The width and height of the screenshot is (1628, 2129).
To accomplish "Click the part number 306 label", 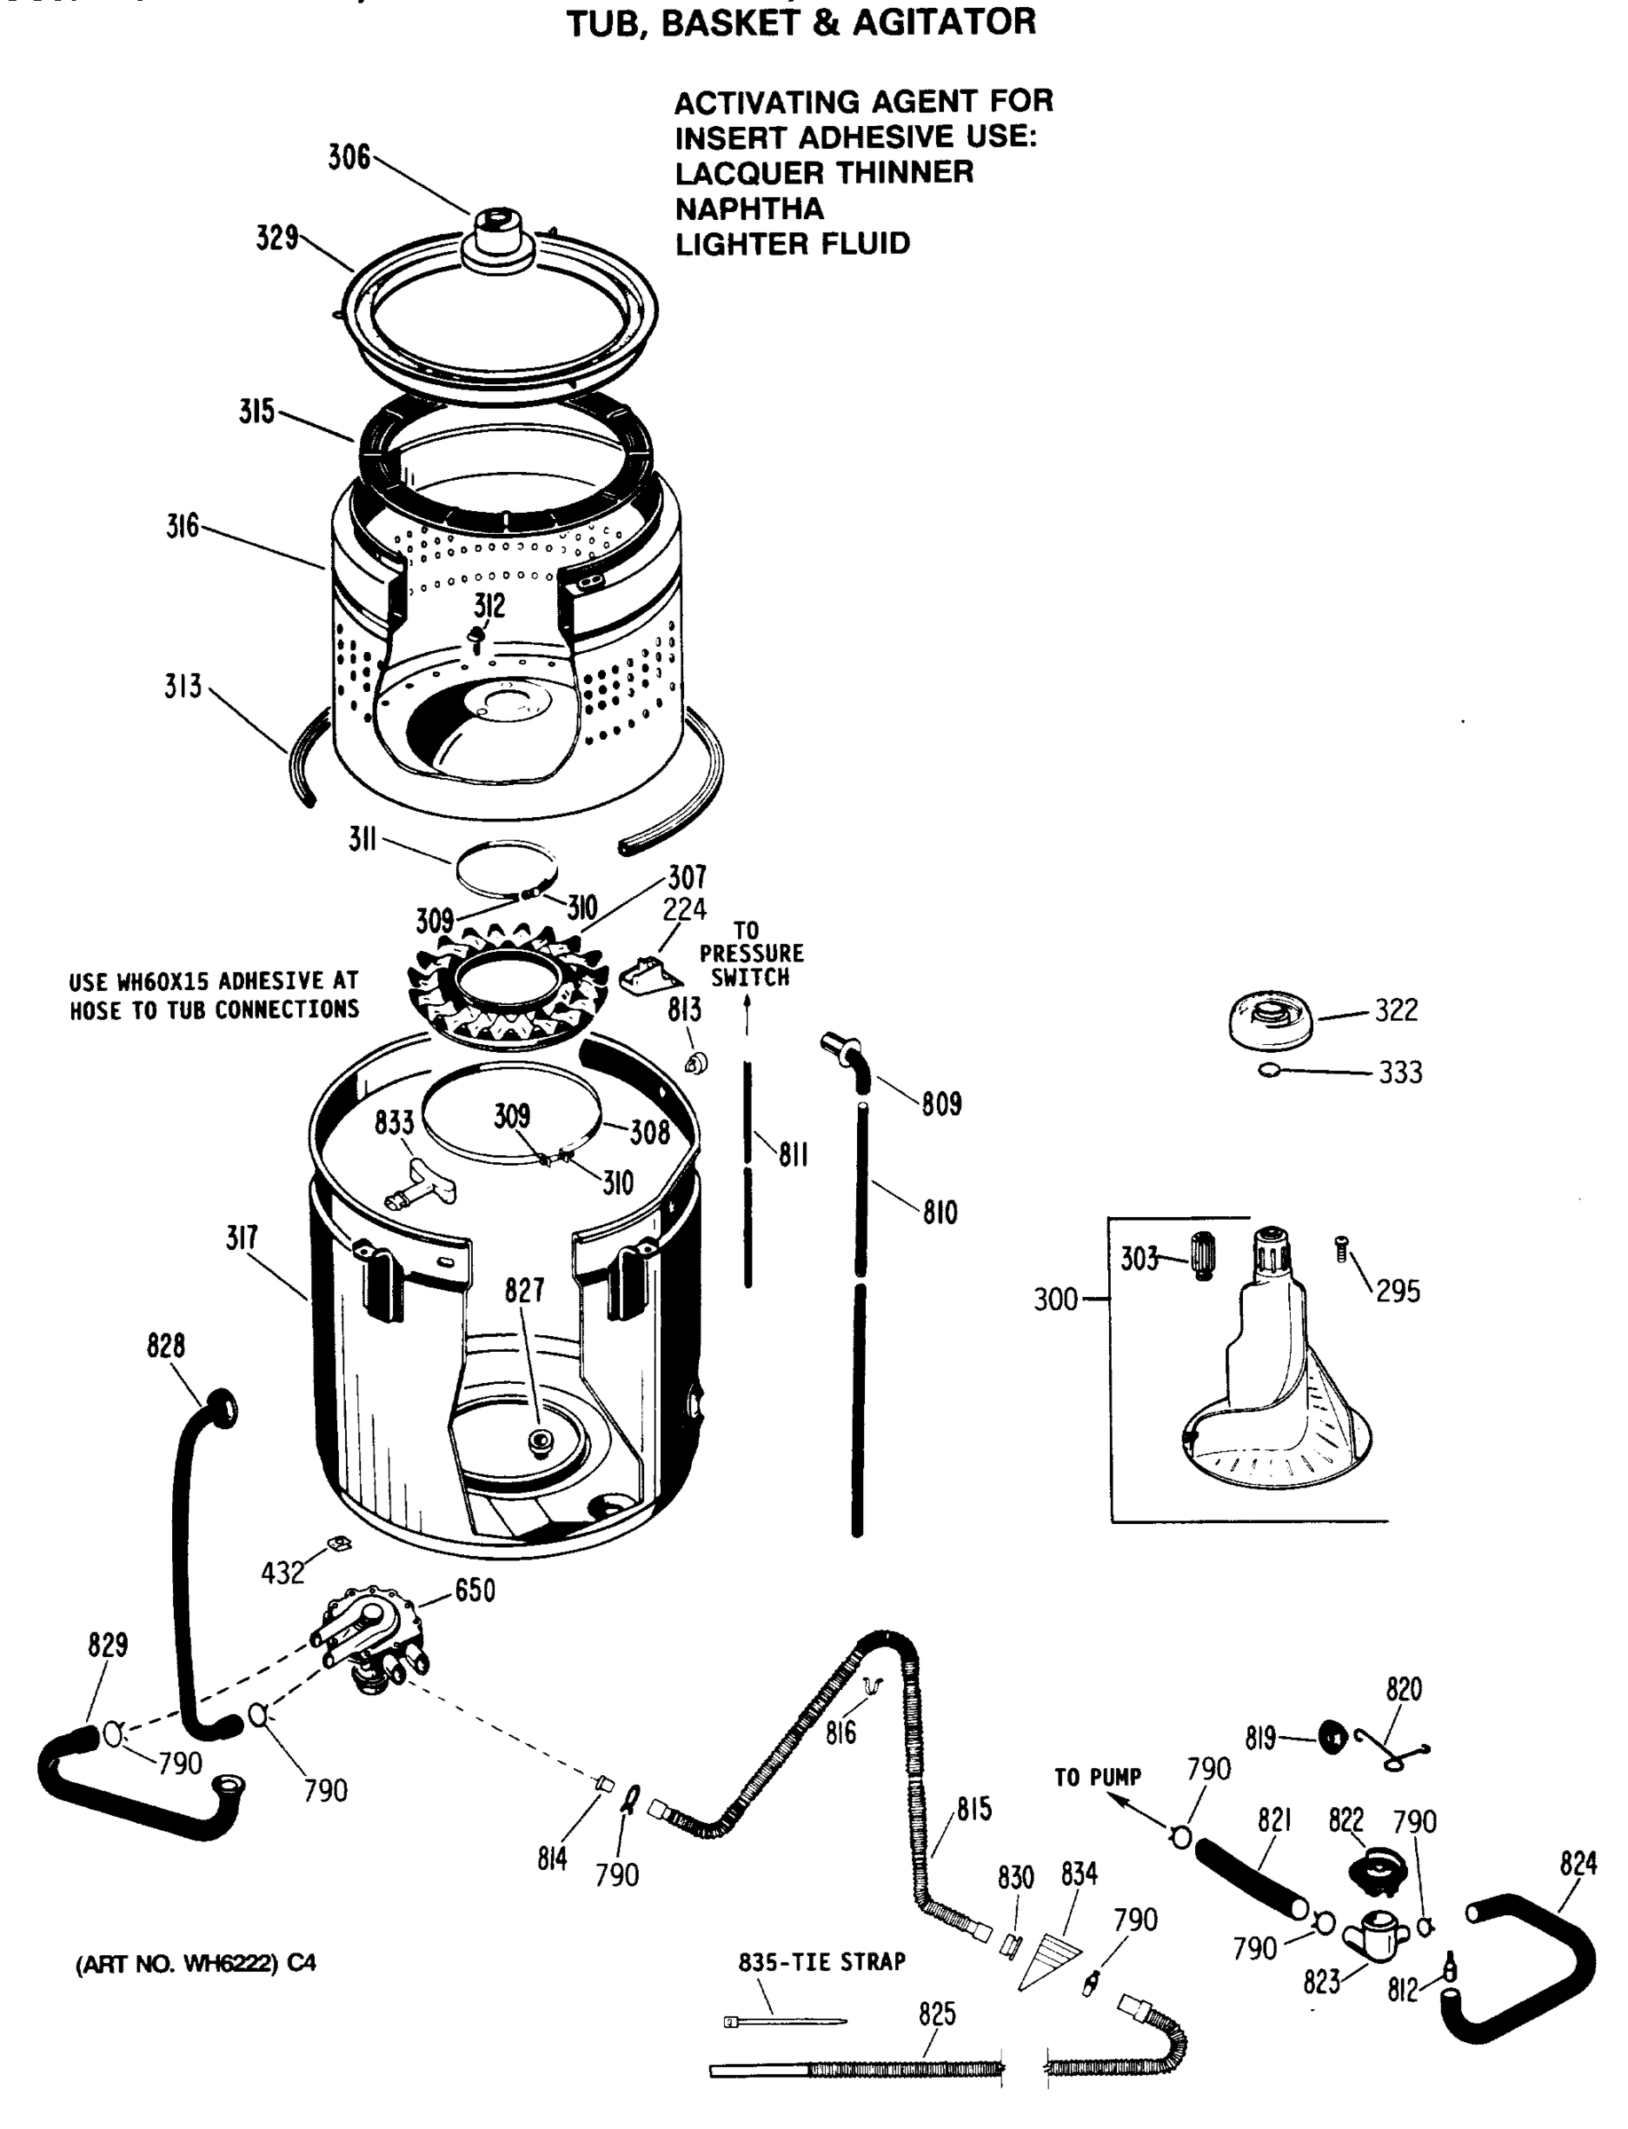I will click(348, 157).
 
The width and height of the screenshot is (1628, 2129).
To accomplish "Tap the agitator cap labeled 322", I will click(1270, 1020).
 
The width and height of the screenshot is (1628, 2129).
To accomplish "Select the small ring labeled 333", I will click(1269, 1070).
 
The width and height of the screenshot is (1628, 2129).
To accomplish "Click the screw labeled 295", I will click(1342, 1249).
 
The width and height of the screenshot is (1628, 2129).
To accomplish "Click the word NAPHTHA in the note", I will click(749, 208).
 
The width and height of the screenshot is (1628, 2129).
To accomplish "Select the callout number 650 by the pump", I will click(474, 1591).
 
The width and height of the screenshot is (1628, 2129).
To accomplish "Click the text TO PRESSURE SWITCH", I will click(751, 954).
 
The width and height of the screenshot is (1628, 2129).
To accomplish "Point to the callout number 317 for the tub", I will click(241, 1237).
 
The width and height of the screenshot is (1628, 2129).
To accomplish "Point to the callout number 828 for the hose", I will click(166, 1345).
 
